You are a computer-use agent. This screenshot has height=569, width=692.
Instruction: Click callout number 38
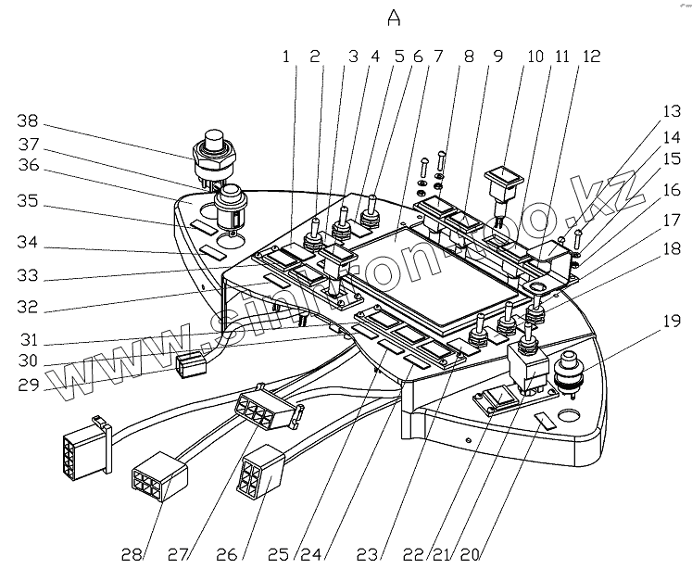click(29, 120)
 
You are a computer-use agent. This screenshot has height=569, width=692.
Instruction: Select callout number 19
click(671, 322)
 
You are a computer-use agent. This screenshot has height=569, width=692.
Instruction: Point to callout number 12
click(591, 57)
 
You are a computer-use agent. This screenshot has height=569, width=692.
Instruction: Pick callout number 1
click(286, 57)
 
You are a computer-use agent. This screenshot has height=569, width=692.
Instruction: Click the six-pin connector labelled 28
click(160, 477)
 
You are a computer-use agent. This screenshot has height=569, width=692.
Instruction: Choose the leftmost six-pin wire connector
click(85, 445)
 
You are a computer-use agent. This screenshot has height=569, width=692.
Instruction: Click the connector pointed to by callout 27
click(263, 409)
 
